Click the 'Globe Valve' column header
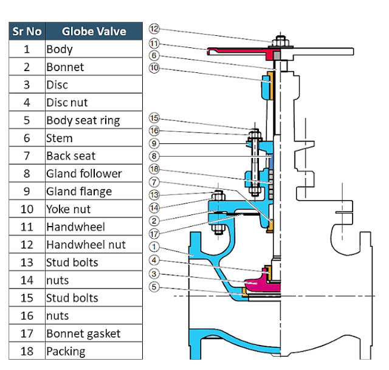tap(93, 32)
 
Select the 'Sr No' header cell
tap(27, 32)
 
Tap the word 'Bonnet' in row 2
tap(65, 67)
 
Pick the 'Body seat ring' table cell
tap(83, 120)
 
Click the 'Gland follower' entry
tap(84, 174)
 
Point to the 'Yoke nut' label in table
tap(68, 209)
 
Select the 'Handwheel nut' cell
tap(86, 245)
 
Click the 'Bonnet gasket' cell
tap(83, 334)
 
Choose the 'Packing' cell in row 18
tap(66, 351)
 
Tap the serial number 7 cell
tap(27, 156)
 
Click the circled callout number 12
tap(154, 29)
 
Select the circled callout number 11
tap(154, 43)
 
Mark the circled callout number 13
tap(154, 194)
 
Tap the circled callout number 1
tap(154, 247)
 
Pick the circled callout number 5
tap(154, 287)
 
